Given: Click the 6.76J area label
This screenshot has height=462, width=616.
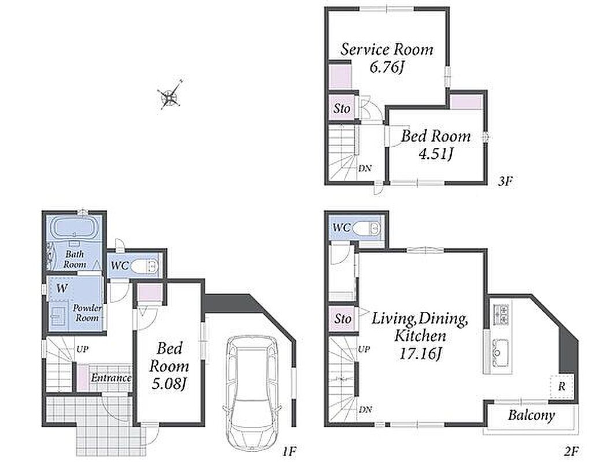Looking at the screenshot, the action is click(387, 67).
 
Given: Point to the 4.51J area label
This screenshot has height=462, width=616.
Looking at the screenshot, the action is click(436, 154).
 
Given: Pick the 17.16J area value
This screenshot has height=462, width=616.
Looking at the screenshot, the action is click(421, 353).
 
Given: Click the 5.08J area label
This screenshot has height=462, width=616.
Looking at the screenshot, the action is click(169, 383).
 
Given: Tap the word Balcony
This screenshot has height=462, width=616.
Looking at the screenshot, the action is click(531, 415).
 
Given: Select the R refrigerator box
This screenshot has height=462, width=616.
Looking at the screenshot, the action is click(562, 386).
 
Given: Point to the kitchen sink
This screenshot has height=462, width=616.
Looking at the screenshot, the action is click(500, 350).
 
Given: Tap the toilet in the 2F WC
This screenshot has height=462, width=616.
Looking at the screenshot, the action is click(367, 228).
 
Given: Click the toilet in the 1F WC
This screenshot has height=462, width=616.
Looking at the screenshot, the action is click(144, 266).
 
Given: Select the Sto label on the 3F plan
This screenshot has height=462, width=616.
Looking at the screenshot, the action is click(342, 109).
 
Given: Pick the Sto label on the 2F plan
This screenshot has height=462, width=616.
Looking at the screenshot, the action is click(343, 318).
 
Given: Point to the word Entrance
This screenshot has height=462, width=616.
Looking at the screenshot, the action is click(111, 378).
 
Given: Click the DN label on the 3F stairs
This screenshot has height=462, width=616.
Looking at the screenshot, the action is click(365, 169).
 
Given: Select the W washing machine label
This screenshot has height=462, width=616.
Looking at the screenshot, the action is click(62, 289).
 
